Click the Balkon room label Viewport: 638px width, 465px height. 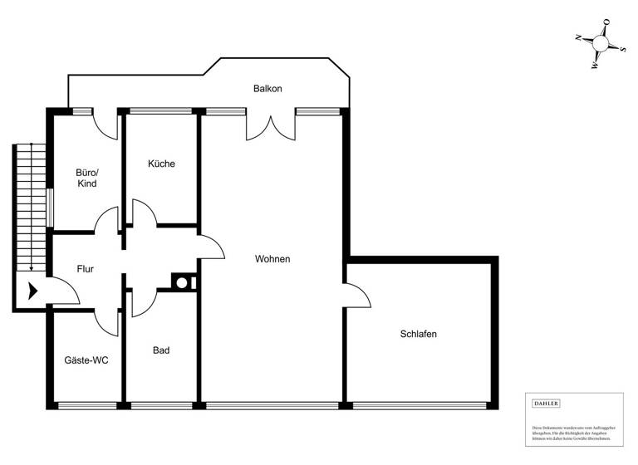click(268, 88)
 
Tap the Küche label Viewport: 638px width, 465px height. click(161, 164)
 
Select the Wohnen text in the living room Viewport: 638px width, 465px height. click(272, 259)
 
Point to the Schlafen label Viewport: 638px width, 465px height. click(418, 334)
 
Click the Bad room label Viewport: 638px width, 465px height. click(161, 350)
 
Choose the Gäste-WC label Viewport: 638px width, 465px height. click(86, 360)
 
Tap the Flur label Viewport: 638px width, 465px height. click(85, 269)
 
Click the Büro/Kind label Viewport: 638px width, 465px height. click(86, 178)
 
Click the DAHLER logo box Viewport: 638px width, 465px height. click(546, 403)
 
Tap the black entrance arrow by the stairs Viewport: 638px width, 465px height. click(33, 291)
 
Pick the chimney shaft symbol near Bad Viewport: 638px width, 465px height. click(181, 281)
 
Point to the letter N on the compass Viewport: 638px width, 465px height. click(577, 37)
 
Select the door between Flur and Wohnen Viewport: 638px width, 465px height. click(211, 246)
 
